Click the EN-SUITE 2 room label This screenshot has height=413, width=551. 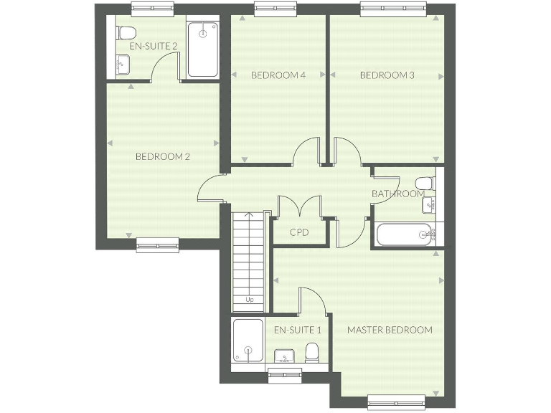point(153,46)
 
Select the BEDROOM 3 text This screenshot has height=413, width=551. point(387,75)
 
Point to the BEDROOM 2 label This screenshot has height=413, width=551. point(163,156)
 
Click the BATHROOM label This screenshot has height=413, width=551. point(397,194)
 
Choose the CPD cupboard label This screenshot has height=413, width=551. point(300,232)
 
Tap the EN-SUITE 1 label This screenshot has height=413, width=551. point(298,331)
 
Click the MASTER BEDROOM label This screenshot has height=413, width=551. point(390,331)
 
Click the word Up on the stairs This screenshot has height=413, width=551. point(249,300)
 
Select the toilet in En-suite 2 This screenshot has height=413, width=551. point(126,32)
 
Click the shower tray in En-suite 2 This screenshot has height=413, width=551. point(202,49)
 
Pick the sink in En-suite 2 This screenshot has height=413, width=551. point(122,64)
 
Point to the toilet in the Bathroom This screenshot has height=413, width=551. point(425,182)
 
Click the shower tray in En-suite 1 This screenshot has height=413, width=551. point(248,342)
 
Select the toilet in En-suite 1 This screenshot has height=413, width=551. point(312,352)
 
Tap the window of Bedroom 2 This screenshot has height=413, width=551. point(157,245)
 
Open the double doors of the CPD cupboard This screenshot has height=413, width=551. point(300,208)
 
